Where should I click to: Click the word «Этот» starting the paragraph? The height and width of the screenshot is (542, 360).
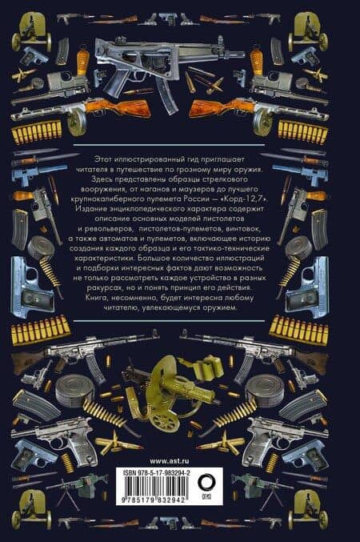[102, 159]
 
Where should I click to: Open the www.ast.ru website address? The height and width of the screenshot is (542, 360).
[170, 461]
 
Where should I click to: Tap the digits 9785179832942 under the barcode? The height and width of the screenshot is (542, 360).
[154, 501]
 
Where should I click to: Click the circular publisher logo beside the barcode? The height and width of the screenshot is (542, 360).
[206, 482]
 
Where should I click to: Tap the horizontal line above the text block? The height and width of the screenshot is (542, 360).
[170, 145]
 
